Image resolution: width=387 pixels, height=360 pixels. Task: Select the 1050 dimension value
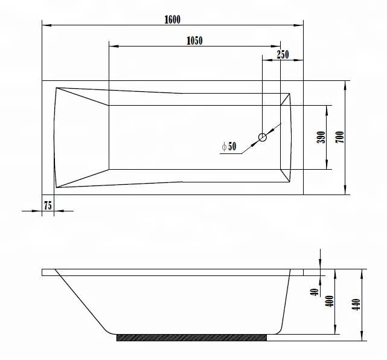point(194,40)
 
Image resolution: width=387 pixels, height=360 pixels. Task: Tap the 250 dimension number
point(283,54)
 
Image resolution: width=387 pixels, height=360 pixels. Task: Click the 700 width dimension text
point(340,137)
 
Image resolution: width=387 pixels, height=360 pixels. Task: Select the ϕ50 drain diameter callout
point(229,146)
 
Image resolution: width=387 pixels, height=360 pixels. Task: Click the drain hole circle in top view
point(263,137)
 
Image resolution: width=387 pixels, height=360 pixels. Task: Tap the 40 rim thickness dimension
point(315,292)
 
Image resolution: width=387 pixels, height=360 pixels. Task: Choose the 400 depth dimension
point(330,301)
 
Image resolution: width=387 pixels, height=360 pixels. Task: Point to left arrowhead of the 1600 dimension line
point(45,25)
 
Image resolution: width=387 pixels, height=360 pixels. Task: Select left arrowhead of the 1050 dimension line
point(112,46)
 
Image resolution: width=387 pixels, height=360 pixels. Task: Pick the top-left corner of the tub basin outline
point(56,88)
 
